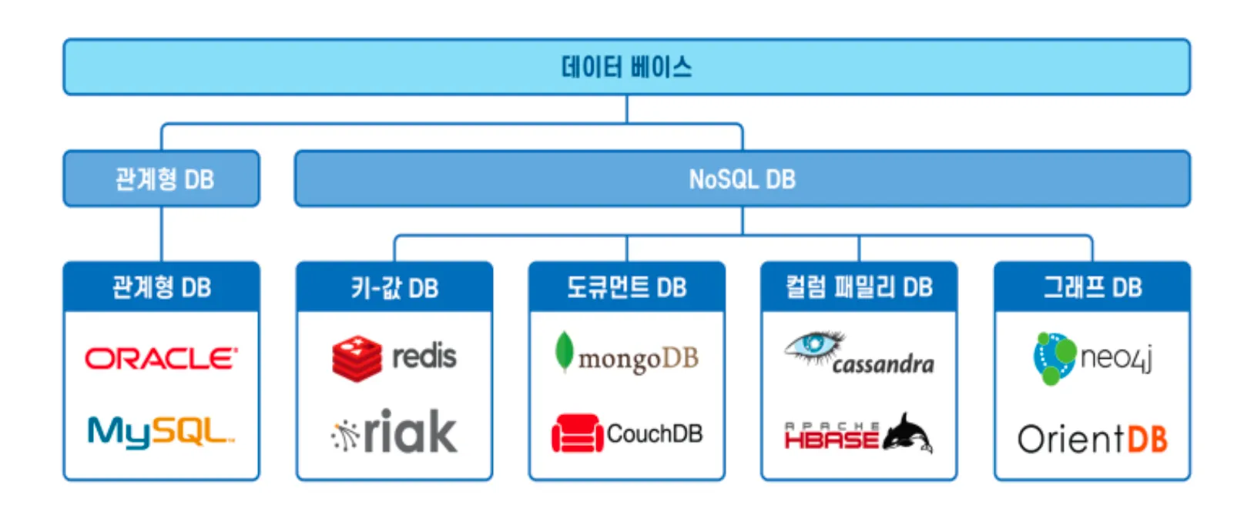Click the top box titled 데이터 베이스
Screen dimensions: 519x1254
[x=626, y=67]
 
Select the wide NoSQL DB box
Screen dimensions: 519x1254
[x=742, y=179]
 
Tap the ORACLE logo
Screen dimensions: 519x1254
[x=161, y=358]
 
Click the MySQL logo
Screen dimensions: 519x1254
[x=160, y=431]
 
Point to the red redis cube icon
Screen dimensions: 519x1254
[x=357, y=358]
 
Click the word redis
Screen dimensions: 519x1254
[x=424, y=357]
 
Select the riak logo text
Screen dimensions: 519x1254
[x=410, y=432]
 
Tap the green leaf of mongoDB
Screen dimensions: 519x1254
[x=565, y=351]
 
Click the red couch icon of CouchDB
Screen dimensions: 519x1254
[x=577, y=434]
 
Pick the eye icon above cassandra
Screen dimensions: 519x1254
[x=813, y=345]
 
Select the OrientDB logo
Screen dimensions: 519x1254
[x=1092, y=439]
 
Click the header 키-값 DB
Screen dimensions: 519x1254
[x=394, y=287]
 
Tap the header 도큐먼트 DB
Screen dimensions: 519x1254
[x=626, y=287]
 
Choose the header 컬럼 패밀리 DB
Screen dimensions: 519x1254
[x=859, y=287]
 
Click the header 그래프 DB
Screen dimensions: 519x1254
[x=1091, y=287]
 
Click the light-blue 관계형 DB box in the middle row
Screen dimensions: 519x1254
[x=161, y=179]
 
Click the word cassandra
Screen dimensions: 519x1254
[x=883, y=363]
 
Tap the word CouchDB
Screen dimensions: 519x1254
[x=655, y=434]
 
